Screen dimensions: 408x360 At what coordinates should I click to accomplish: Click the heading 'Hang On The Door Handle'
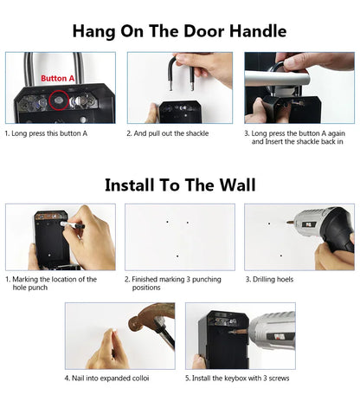pyautogui.click(x=179, y=31)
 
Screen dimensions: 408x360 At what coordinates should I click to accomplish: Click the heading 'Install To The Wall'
pyautogui.click(x=179, y=184)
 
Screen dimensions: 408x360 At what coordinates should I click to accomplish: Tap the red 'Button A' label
pyautogui.click(x=57, y=78)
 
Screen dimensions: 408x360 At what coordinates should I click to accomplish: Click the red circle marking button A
pyautogui.click(x=58, y=100)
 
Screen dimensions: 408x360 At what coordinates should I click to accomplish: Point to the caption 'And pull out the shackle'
pyautogui.click(x=167, y=133)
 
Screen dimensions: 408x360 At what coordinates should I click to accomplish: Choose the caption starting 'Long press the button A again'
pyautogui.click(x=298, y=137)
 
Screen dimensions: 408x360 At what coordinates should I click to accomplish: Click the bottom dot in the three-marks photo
pyautogui.click(x=177, y=256)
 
